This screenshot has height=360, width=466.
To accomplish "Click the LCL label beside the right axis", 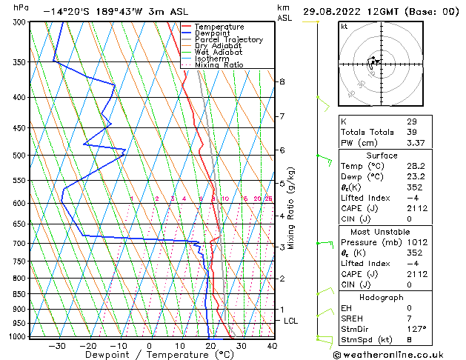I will (x=291, y=321).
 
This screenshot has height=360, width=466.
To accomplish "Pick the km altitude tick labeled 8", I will (x=282, y=81).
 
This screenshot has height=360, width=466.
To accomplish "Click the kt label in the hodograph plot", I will (x=344, y=27).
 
